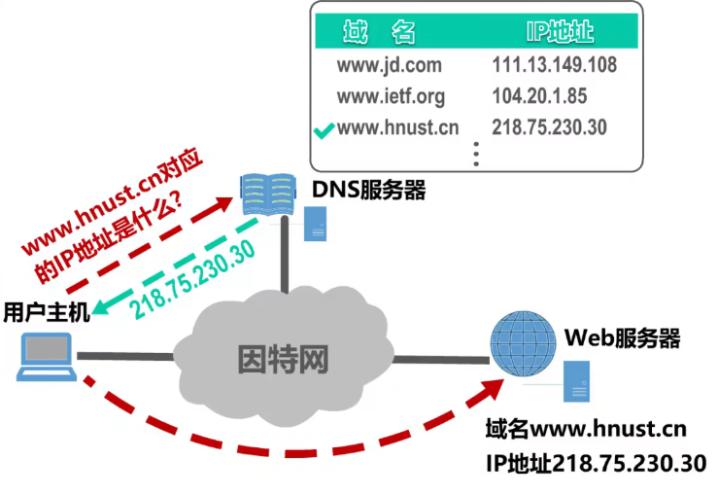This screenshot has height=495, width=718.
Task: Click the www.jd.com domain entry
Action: pos(389,66)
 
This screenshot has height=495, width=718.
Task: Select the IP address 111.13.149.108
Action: pos(554,66)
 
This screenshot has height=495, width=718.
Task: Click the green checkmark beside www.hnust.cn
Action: pos(325,128)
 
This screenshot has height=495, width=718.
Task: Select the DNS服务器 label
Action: pos(369,190)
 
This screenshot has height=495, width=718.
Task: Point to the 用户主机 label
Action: pos(46,312)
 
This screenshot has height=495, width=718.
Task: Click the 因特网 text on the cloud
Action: pos(283,359)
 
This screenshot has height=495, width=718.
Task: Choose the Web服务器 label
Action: pos(622,338)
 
